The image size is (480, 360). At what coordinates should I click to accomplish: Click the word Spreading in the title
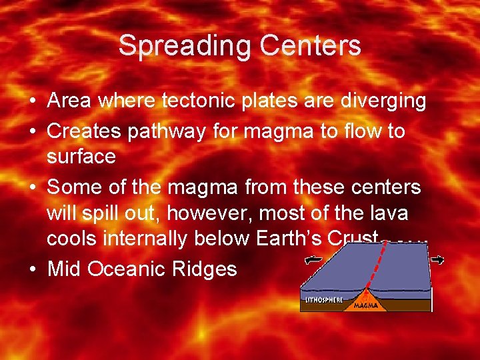point(185,45)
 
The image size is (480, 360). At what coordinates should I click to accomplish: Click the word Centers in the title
point(310,45)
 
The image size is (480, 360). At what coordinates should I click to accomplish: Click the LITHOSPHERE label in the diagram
point(324,300)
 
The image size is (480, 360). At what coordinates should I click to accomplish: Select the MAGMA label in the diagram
point(367,305)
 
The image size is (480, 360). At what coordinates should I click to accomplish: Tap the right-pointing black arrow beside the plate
point(437,259)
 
